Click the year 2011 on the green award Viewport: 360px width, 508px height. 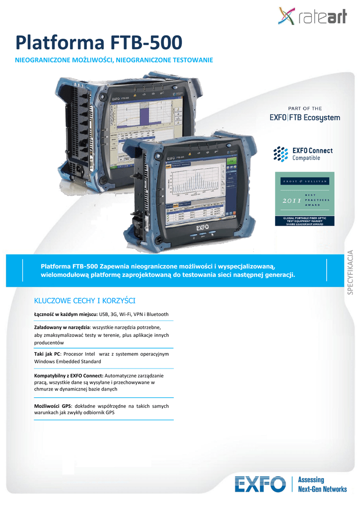[291, 201]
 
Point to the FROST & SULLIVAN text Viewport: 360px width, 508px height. [305, 182]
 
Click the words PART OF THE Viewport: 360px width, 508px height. [305, 108]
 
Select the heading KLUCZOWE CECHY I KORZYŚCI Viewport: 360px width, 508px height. [84, 301]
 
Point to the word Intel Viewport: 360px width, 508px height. [90, 354]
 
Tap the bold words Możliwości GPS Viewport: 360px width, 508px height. [52, 406]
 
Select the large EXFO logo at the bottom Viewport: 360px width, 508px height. [260, 484]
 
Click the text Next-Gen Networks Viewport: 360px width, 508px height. [322, 489]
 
